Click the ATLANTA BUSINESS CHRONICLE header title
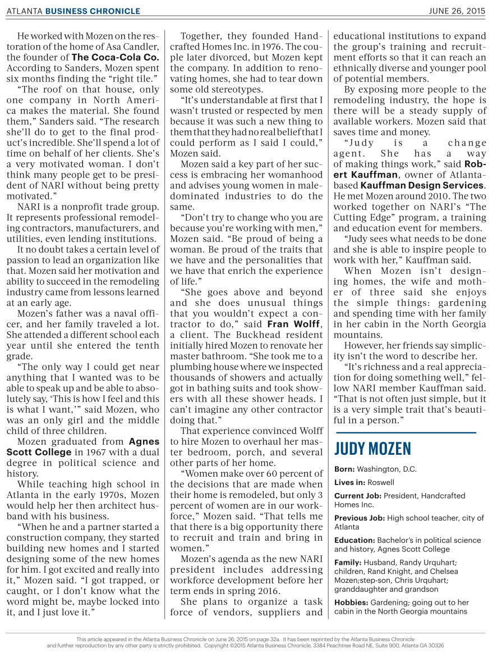(x=73, y=11)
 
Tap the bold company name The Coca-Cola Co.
(x=115, y=57)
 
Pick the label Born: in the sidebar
(x=344, y=469)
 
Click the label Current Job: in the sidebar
(x=356, y=496)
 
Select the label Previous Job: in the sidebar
(x=357, y=518)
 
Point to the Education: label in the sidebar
(x=355, y=540)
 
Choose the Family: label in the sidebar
(x=348, y=562)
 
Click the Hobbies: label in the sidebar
(x=351, y=602)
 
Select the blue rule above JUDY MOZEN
(x=405, y=433)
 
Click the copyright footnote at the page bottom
(x=245, y=642)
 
